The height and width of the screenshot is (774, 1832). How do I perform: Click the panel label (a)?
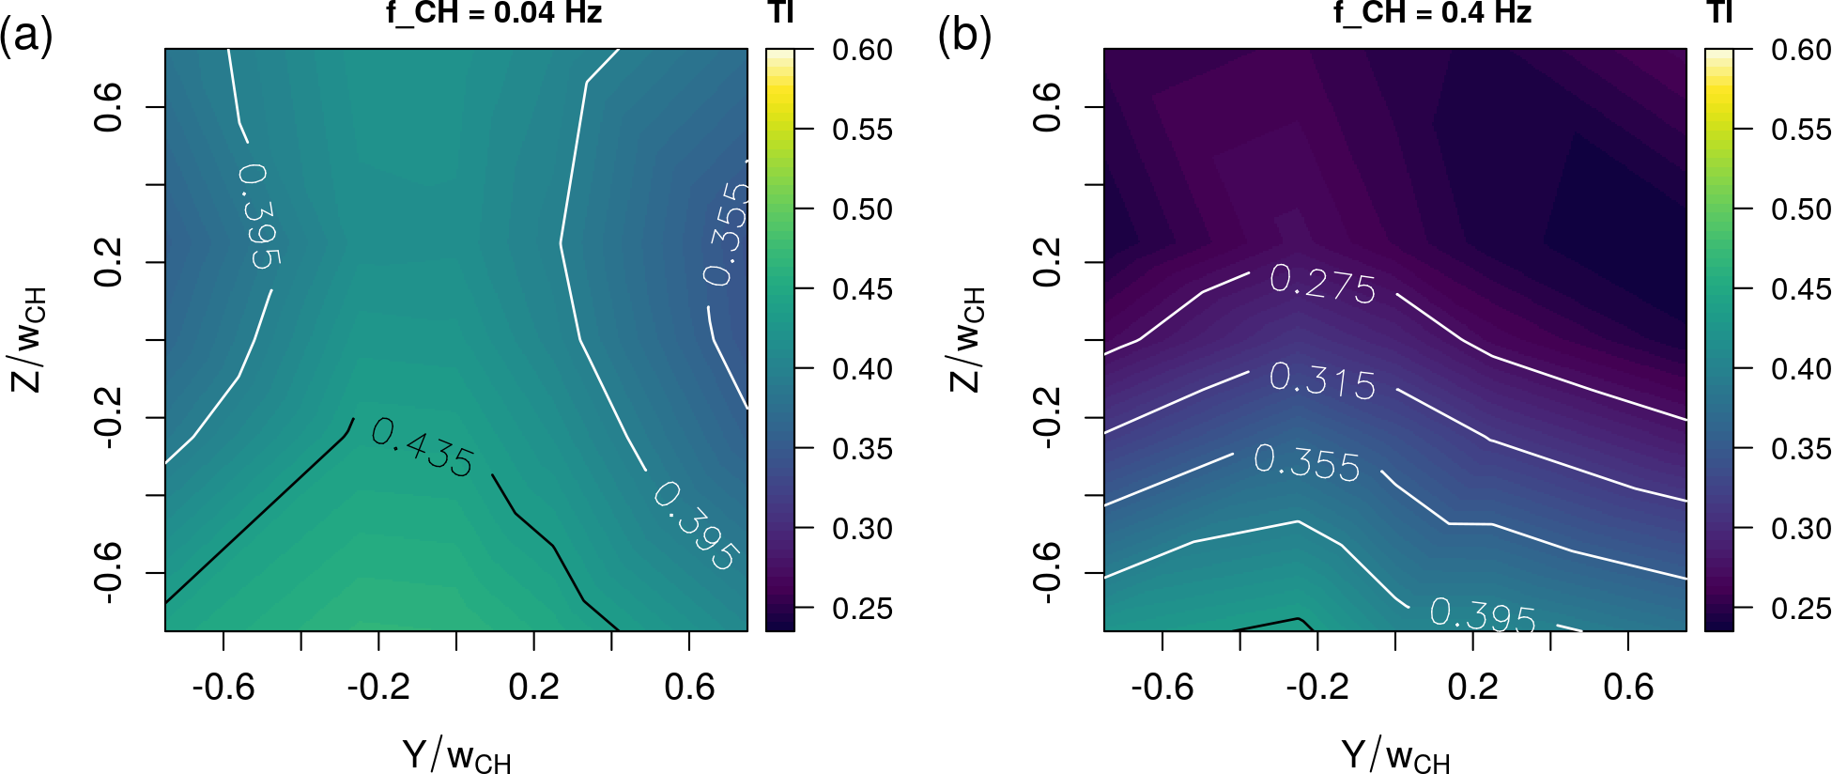[x=26, y=38]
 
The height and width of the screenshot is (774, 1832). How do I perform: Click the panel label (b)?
[x=964, y=38]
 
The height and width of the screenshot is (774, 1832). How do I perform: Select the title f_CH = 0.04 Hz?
[x=494, y=12]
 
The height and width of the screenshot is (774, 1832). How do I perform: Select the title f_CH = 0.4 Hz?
[x=1433, y=12]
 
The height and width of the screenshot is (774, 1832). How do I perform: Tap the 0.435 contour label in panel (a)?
[x=423, y=448]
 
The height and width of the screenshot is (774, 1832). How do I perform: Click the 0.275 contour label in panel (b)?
[x=1322, y=283]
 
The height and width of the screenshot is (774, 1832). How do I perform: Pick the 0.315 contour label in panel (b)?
[x=1322, y=380]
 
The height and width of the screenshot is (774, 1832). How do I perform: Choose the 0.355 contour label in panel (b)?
[x=1307, y=462]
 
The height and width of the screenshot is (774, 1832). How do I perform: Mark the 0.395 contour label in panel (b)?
[x=1483, y=614]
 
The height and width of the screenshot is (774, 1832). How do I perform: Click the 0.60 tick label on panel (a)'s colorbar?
[x=862, y=50]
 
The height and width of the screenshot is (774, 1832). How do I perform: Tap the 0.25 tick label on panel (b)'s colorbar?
[x=1801, y=609]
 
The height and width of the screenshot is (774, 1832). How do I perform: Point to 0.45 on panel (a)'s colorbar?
[x=862, y=289]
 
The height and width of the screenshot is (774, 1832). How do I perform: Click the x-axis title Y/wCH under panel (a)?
[x=456, y=755]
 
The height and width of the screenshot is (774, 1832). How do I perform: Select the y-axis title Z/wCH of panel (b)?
[x=967, y=339]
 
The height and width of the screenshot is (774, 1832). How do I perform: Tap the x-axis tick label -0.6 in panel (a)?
[x=223, y=688]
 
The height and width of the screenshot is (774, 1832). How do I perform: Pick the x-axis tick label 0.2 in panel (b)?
[x=1472, y=688]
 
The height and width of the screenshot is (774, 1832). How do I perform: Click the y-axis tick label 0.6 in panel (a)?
[x=108, y=107]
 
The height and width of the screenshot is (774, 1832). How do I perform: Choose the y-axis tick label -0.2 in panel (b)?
[x=1047, y=418]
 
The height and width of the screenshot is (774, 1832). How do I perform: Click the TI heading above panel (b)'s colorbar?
[x=1719, y=12]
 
